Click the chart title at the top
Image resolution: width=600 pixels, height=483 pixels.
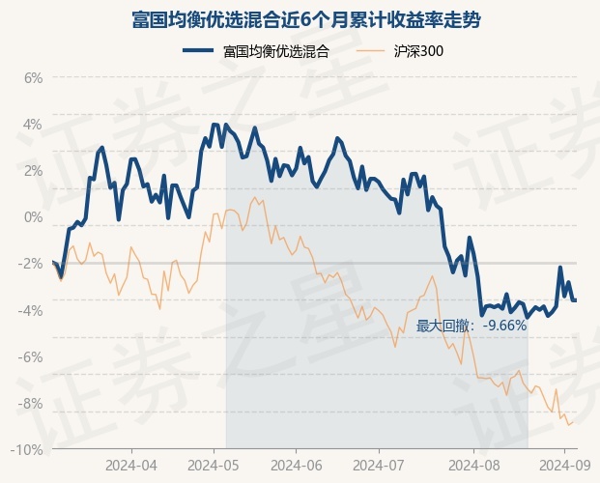click(x=306, y=19)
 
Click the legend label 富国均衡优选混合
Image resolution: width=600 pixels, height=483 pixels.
click(x=276, y=51)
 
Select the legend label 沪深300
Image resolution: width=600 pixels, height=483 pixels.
click(x=418, y=51)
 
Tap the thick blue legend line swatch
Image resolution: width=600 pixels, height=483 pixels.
click(x=198, y=50)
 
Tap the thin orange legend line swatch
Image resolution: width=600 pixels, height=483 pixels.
click(x=370, y=50)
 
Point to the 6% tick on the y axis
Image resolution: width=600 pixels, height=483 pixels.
click(x=33, y=78)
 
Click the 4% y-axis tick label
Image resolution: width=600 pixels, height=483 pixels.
click(x=33, y=125)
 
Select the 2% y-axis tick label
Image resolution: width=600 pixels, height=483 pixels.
click(x=33, y=171)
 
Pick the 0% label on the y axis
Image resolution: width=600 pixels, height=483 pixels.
click(x=33, y=217)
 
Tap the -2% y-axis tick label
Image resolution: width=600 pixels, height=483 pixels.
click(x=30, y=264)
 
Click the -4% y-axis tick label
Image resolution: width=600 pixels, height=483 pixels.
click(x=30, y=310)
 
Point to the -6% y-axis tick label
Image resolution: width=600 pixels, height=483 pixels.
click(x=30, y=357)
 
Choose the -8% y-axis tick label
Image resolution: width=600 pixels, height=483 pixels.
click(x=30, y=404)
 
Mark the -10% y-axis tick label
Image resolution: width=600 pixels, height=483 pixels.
click(x=27, y=450)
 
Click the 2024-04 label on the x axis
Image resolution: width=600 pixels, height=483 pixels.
click(x=131, y=466)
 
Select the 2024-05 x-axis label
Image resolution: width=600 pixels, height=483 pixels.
click(x=214, y=466)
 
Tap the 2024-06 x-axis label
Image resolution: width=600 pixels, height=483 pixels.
click(x=297, y=466)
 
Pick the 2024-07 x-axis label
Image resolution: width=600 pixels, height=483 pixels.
click(x=379, y=466)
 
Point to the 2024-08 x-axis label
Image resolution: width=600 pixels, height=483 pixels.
click(x=473, y=466)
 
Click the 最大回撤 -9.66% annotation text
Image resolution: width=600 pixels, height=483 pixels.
click(x=471, y=327)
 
